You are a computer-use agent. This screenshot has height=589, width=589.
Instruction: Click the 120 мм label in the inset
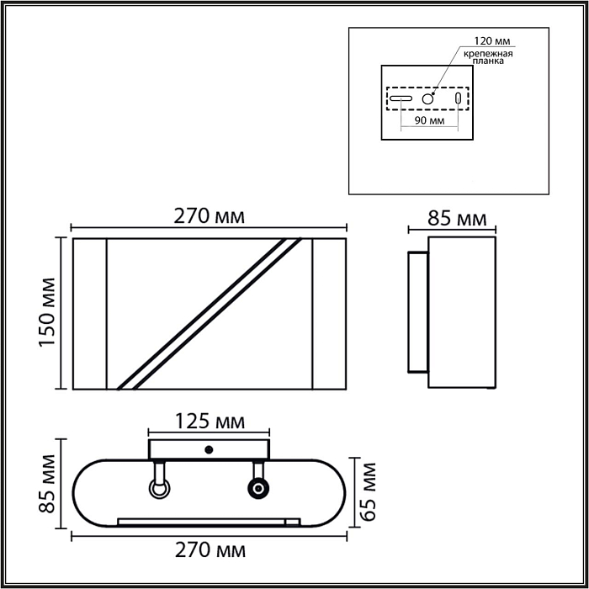[x=492, y=41]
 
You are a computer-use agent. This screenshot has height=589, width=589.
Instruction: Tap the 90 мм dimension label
[x=429, y=120]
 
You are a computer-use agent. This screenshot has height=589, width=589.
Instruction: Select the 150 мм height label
[x=47, y=312]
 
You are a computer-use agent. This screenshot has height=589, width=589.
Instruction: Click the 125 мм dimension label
[x=210, y=422]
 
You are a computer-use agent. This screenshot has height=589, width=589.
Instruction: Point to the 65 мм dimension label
[x=368, y=491]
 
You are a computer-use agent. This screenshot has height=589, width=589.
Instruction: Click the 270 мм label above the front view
[x=210, y=216]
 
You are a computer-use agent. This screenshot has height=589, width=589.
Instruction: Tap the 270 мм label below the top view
[x=210, y=550]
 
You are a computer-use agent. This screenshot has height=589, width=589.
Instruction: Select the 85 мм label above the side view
[x=457, y=218]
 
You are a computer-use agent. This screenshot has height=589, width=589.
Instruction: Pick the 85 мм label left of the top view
[x=47, y=484]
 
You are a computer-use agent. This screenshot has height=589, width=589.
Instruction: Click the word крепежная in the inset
[x=488, y=53]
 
